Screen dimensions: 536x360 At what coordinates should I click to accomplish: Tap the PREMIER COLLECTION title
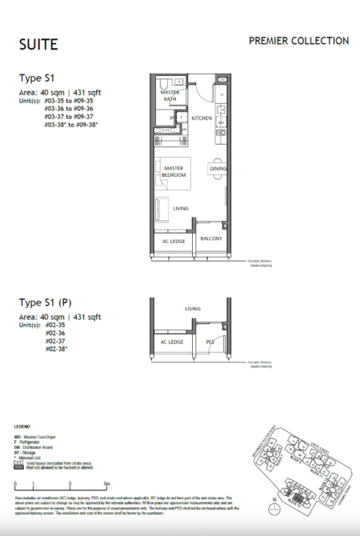(x=298, y=41)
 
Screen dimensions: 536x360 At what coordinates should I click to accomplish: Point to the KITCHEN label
(x=201, y=118)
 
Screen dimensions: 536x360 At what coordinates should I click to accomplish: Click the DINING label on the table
(x=218, y=170)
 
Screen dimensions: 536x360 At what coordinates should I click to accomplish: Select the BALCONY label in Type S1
(x=210, y=238)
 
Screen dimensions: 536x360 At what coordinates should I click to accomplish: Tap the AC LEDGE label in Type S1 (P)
(x=172, y=342)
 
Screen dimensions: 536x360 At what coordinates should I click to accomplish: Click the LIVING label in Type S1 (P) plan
(x=192, y=307)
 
